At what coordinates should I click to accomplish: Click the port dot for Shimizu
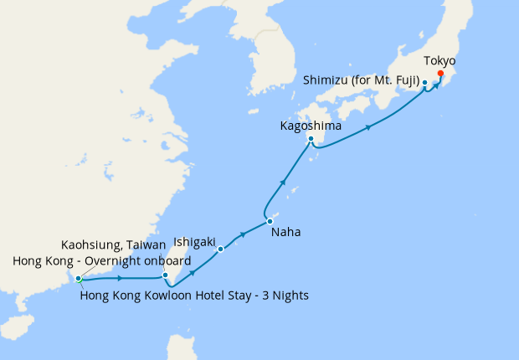point(425,83)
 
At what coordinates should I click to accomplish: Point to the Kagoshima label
point(310,126)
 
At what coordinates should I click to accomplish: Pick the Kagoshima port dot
point(311,139)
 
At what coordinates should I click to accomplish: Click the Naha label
point(285,232)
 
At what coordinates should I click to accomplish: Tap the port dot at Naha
point(270,221)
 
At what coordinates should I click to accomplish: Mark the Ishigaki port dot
point(220,249)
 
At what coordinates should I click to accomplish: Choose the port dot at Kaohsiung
point(166,275)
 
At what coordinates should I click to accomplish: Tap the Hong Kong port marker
point(78,278)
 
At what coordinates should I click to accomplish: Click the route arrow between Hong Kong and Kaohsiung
point(122,278)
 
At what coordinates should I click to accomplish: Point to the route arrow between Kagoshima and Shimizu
point(368,127)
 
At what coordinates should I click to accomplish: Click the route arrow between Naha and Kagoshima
point(285,182)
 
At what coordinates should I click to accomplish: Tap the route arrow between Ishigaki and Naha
point(244,235)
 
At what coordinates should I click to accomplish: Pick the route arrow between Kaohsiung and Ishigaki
point(193,272)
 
